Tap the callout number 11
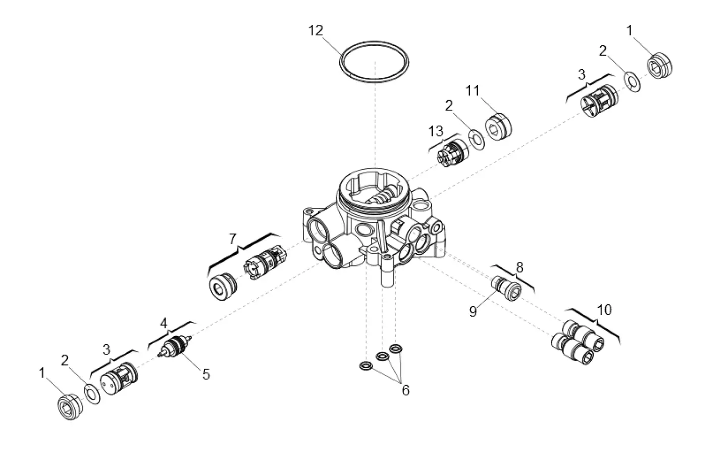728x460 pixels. [473, 91]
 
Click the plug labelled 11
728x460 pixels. [499, 126]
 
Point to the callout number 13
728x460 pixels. [436, 131]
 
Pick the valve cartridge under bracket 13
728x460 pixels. [452, 153]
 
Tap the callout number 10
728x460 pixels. [604, 309]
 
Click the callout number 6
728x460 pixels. [405, 390]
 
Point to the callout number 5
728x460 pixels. [206, 375]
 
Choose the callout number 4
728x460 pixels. [163, 323]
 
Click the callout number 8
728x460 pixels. [519, 267]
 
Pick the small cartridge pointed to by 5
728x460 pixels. [174, 347]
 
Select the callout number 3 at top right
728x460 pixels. [582, 74]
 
